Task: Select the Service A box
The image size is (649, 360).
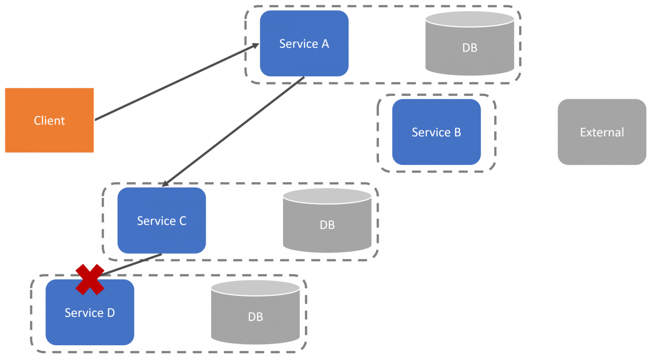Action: [x=304, y=59]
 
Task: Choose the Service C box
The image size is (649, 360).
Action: [x=161, y=237]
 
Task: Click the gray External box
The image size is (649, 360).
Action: [x=602, y=148]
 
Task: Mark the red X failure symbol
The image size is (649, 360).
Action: [x=90, y=279]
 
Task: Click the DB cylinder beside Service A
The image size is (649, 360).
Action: [x=469, y=59]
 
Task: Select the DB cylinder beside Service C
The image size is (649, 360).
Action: [x=327, y=237]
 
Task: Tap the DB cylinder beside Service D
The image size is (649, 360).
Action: [x=255, y=330]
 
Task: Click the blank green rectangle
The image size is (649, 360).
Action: [x=96, y=38]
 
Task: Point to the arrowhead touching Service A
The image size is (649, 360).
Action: [x=255, y=45]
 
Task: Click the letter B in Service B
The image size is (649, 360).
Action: [x=458, y=132]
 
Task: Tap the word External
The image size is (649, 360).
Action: [x=602, y=132]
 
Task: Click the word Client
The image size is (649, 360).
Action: [x=49, y=121]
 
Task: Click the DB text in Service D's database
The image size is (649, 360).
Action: [x=255, y=317]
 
